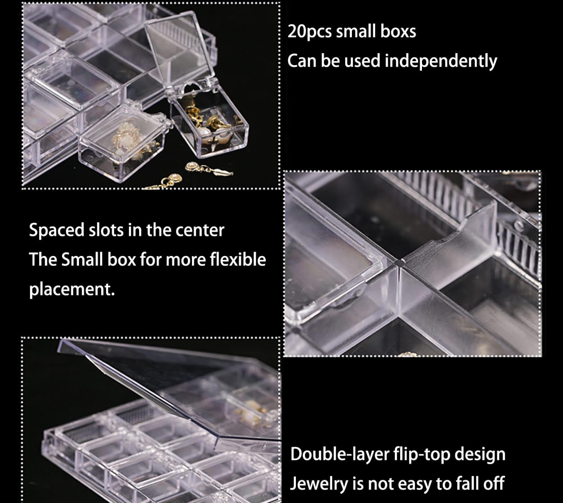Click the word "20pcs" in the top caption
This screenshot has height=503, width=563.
coord(310,32)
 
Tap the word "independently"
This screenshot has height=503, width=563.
coord(441,61)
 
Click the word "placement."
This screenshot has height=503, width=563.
coord(72,289)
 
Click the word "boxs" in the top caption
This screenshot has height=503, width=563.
coord(398,31)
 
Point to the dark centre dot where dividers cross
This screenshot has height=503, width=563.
coord(399,263)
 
